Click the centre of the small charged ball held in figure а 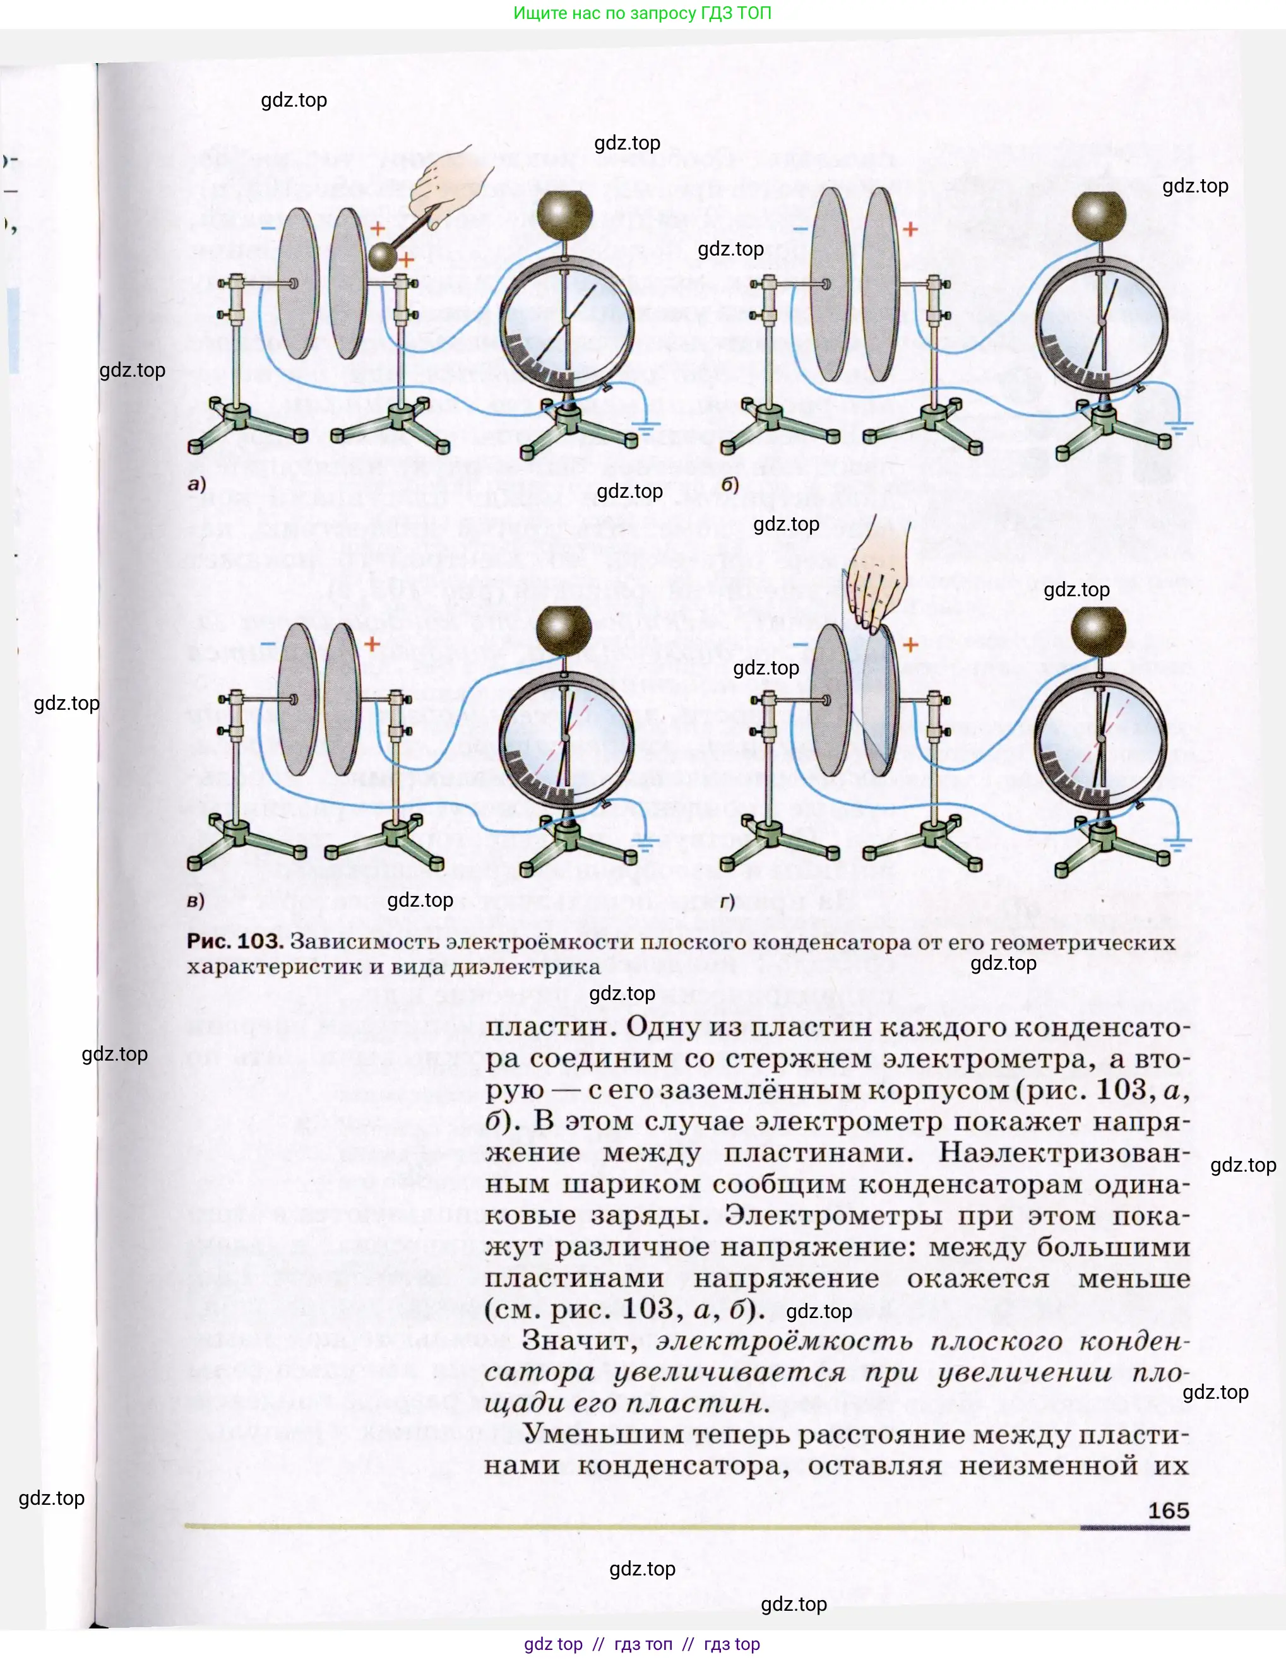pyautogui.click(x=383, y=256)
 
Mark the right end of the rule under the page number pyautogui.click(x=1189, y=1527)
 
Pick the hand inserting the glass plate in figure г pyautogui.click(x=878, y=582)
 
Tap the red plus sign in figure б pyautogui.click(x=910, y=229)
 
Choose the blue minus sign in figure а pyautogui.click(x=268, y=228)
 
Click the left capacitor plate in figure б pyautogui.click(x=830, y=285)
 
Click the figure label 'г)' pyautogui.click(x=728, y=902)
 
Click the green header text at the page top pyautogui.click(x=643, y=13)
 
